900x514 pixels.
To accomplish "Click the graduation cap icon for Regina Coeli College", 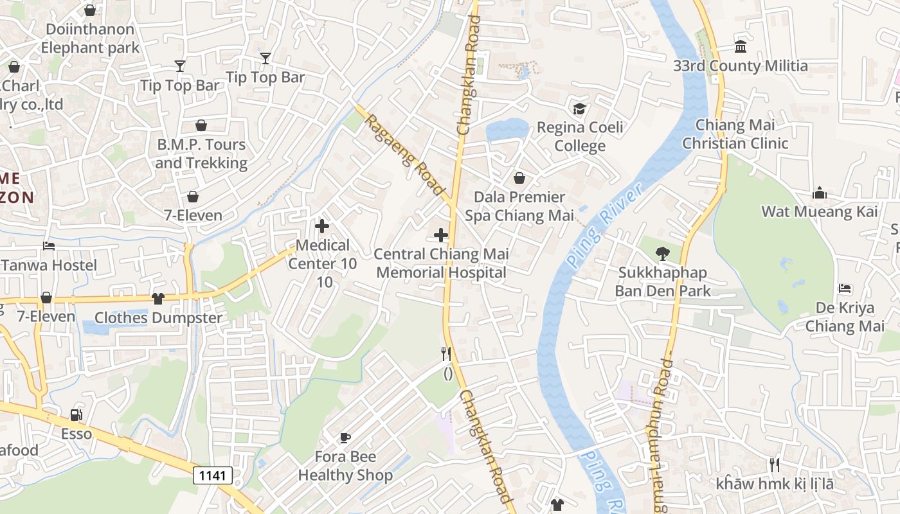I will (x=580, y=108).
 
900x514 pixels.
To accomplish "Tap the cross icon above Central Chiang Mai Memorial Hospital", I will (x=441, y=235).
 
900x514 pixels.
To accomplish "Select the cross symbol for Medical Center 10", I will (x=322, y=226).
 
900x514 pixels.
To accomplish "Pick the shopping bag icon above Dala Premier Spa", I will (x=519, y=178).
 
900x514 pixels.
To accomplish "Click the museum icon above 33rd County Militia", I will (x=741, y=47).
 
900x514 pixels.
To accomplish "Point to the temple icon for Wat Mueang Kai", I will (x=819, y=193).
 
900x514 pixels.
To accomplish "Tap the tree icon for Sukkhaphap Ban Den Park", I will (x=663, y=254).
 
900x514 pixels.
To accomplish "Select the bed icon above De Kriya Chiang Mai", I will (x=845, y=289).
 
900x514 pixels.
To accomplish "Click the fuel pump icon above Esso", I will (x=76, y=415).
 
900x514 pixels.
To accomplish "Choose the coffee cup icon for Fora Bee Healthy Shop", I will (x=345, y=438).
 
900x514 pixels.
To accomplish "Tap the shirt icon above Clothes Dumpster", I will (x=158, y=298).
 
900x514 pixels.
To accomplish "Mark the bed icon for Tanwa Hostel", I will (x=49, y=246).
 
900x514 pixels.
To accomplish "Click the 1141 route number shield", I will (x=212, y=475).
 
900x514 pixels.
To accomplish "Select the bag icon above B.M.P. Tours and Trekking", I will (x=201, y=125).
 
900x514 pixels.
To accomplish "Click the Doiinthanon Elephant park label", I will (x=90, y=39).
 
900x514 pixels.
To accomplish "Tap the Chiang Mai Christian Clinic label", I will (x=735, y=134).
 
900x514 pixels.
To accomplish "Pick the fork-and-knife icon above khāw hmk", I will (x=775, y=465).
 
